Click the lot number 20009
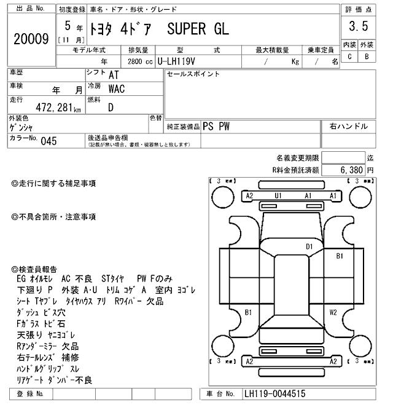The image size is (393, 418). click(31, 39)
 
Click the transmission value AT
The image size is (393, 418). click(114, 74)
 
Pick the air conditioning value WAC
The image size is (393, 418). click(116, 89)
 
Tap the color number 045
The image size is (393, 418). click(49, 141)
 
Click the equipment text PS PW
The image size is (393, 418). click(216, 126)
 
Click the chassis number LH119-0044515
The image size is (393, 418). click(274, 394)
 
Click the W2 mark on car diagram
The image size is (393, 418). click(333, 312)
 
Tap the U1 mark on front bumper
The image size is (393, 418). click(278, 195)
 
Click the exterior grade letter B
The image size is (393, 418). click(367, 57)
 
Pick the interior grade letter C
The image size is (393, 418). click(349, 57)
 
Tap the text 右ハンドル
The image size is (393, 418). click(348, 126)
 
